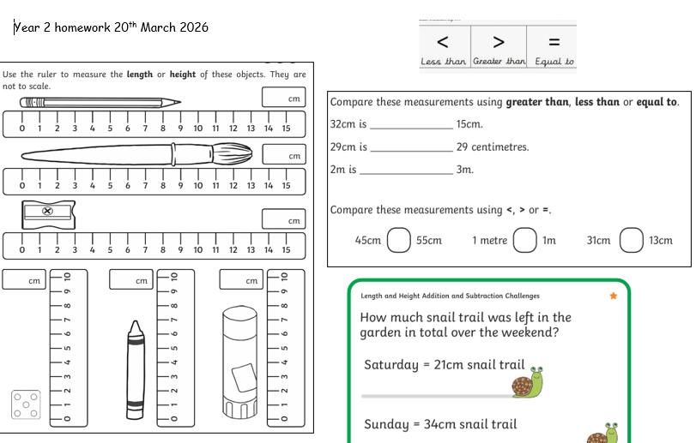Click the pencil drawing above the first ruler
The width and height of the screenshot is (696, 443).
tap(100, 103)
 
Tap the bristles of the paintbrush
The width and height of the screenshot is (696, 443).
tap(233, 153)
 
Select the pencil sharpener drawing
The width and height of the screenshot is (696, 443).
tap(48, 215)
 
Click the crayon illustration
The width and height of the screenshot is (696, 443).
tap(136, 370)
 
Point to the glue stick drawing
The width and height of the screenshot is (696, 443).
tap(239, 362)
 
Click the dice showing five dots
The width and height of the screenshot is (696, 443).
tap(26, 404)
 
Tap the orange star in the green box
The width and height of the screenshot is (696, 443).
tap(614, 296)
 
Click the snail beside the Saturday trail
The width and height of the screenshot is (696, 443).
tap(528, 382)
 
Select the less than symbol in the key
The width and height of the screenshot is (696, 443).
tap(443, 42)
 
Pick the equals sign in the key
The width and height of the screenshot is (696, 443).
tap(554, 42)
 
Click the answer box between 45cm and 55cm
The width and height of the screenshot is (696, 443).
tap(398, 240)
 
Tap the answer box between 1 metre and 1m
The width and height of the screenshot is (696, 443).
tap(525, 240)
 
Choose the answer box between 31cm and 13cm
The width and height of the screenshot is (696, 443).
tap(631, 240)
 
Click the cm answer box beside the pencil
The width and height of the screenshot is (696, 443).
tap(284, 97)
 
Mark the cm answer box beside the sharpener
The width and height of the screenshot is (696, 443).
tap(284, 219)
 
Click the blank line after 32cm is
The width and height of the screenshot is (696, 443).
tap(411, 129)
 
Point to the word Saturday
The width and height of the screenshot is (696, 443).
tap(391, 364)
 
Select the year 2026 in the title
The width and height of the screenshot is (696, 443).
tap(194, 27)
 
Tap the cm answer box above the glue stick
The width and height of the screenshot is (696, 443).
tap(241, 279)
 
